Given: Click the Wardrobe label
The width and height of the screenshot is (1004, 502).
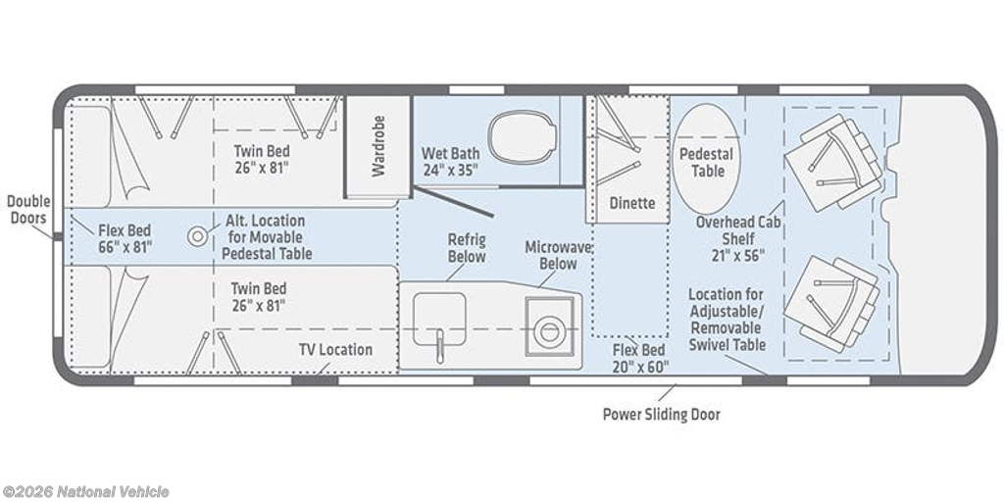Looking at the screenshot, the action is (378, 146).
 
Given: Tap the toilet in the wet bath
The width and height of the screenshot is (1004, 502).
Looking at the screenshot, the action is (522, 136).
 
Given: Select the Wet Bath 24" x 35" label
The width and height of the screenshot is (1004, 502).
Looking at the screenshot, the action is (450, 162).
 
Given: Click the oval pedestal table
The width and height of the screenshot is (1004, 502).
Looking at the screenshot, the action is (706, 158).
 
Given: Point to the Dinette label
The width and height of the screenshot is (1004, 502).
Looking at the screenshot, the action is (632, 203).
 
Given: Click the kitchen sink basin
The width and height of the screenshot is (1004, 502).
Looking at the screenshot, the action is (439, 319).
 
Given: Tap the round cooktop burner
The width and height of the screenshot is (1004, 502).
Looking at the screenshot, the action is (548, 331).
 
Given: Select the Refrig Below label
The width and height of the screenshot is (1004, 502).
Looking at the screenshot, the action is (466, 248).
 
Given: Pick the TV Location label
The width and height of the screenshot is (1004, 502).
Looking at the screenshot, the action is (335, 350).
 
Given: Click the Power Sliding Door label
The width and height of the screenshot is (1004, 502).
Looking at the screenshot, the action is (662, 415).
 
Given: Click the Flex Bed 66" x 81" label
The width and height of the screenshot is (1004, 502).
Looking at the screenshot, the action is (125, 238).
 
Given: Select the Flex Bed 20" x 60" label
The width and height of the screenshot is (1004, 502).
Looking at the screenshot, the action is (639, 358).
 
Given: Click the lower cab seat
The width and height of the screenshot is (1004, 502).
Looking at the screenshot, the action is (831, 305).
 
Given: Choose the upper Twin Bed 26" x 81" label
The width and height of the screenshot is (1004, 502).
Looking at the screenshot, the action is (261, 160).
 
